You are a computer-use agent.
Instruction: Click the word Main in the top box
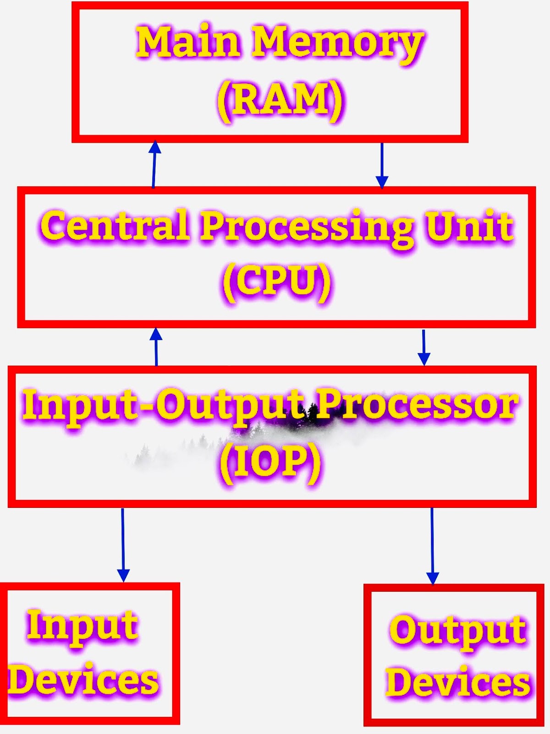188,42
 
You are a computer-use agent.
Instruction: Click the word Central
115,226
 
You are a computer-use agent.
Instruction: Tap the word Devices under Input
84,680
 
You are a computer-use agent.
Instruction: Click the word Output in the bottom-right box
457,631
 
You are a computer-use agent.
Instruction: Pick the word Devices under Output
457,683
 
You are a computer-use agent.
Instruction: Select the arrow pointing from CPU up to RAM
154,164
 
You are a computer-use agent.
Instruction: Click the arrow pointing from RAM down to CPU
382,165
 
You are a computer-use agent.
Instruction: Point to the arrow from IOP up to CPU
156,347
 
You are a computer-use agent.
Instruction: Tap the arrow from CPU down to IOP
424,347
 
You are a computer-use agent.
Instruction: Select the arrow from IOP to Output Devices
432,546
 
